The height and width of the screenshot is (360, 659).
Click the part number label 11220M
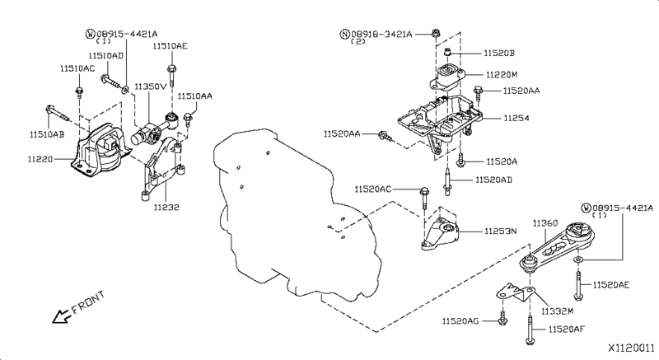point(502,75)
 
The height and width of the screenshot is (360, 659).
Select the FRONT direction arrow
point(60,316)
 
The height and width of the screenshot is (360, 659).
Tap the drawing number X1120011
point(632,348)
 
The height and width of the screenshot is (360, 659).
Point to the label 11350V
point(151,86)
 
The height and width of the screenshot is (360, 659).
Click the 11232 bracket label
point(166,207)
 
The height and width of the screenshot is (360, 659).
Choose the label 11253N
point(501,231)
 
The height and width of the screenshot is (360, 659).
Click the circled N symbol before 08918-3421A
point(344,34)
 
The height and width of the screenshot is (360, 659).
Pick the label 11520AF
point(566,330)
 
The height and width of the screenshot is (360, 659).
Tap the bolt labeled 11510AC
point(79,92)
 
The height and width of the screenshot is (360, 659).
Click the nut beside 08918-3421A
point(436,32)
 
